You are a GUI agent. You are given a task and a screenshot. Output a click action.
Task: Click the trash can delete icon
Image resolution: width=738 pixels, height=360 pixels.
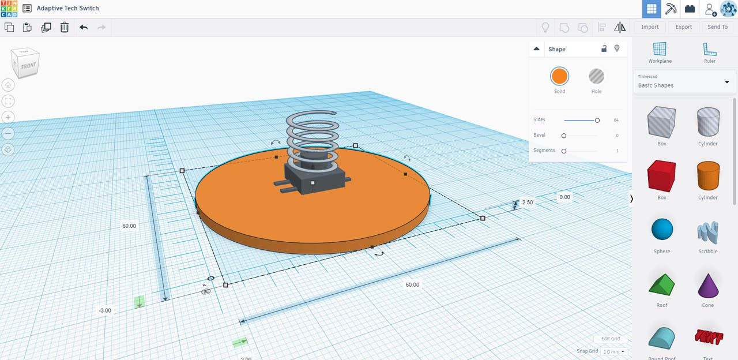click(x=65, y=27)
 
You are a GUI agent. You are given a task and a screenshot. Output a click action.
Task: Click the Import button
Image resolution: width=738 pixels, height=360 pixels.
click(x=650, y=27)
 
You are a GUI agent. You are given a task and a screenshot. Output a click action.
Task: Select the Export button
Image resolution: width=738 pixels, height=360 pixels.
click(x=684, y=27)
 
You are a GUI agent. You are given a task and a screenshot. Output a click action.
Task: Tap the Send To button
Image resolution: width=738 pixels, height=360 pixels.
click(x=717, y=27)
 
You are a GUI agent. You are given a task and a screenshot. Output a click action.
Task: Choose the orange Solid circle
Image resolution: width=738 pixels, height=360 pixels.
click(x=559, y=76)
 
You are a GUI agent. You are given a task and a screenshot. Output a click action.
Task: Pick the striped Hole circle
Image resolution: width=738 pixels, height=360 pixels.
click(x=596, y=76)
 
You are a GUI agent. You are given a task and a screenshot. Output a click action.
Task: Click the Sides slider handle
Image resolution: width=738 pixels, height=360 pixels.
click(x=597, y=120)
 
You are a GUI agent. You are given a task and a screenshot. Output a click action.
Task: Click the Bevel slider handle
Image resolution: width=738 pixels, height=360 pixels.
click(x=564, y=136)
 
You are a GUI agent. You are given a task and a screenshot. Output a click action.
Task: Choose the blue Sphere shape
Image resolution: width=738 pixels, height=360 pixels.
click(x=662, y=230)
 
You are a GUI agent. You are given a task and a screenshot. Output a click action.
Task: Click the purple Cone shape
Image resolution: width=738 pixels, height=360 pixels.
click(x=708, y=284)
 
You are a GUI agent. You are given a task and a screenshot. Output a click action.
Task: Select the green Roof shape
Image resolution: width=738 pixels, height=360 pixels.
click(x=662, y=284)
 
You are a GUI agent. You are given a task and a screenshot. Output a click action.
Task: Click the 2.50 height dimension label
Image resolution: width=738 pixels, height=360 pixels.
click(x=528, y=202)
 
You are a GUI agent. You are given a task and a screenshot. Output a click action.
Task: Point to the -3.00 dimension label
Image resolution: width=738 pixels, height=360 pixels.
click(x=105, y=310)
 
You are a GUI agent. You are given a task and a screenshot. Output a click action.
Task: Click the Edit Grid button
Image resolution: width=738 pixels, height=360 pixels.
click(x=611, y=339)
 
